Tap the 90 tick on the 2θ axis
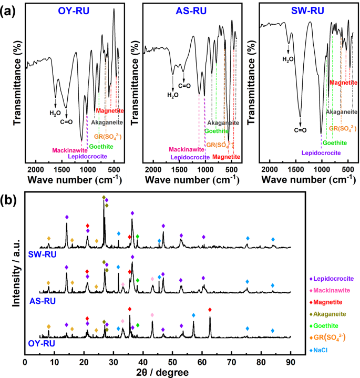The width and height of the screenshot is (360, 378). click(291, 362)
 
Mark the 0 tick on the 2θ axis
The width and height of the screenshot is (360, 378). click(25, 362)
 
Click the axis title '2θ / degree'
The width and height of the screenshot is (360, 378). click(158, 372)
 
